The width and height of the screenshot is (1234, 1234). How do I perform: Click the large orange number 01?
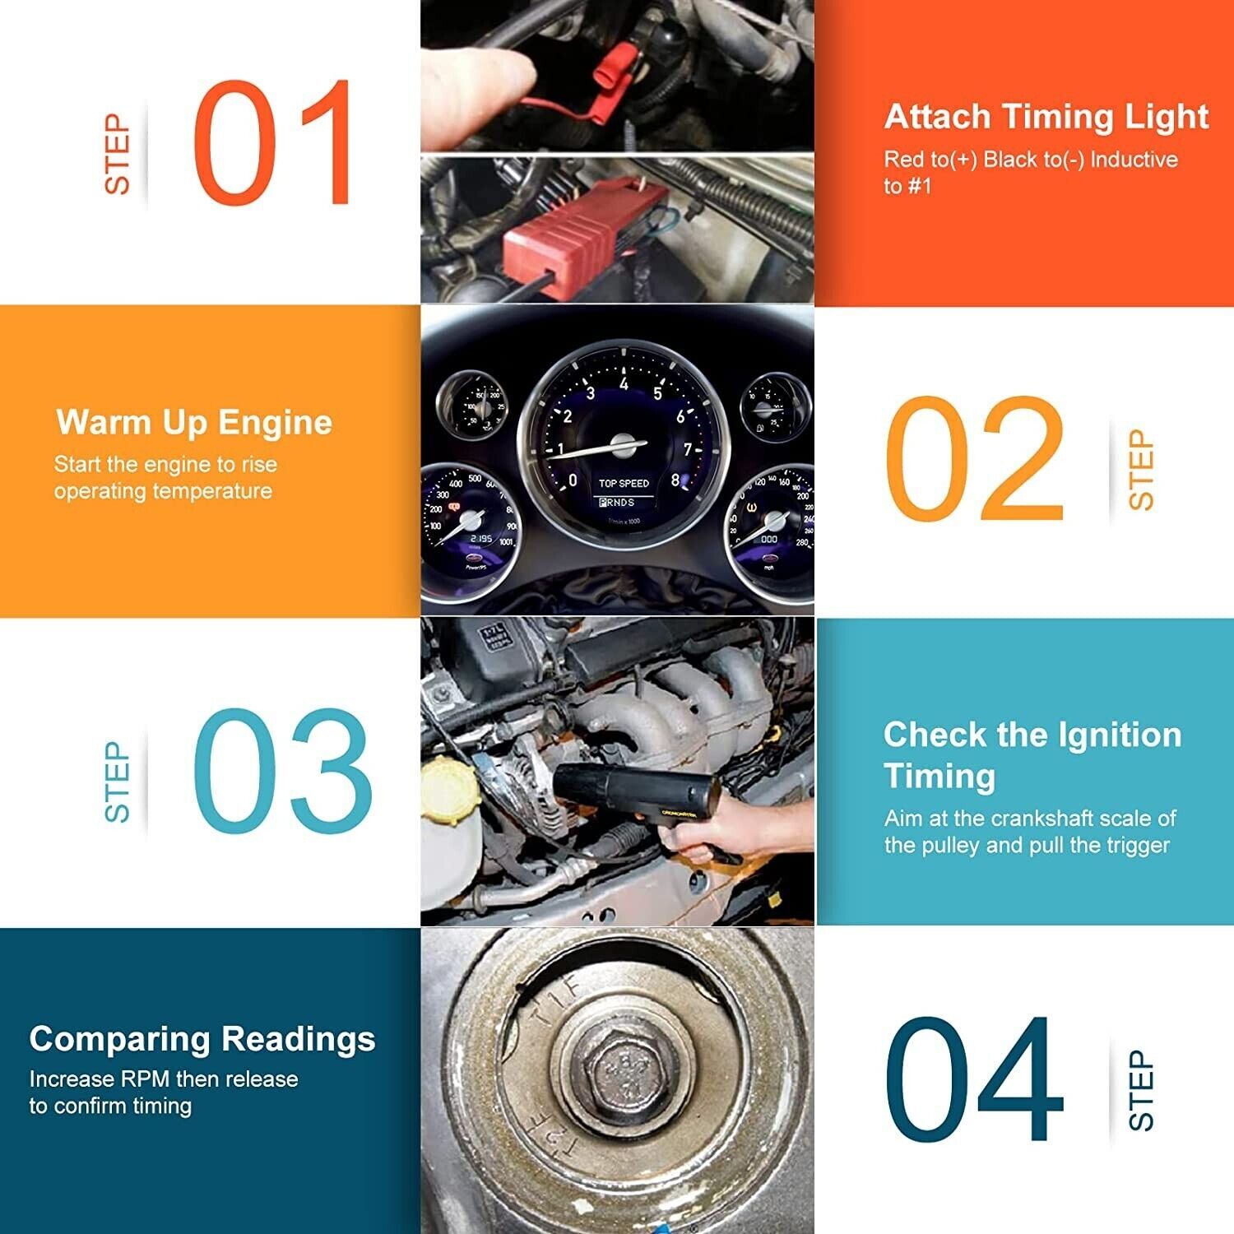(274, 143)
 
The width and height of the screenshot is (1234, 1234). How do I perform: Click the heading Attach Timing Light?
(1046, 117)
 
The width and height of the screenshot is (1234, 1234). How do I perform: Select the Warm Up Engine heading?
(194, 422)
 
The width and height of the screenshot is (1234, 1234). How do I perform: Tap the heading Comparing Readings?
(202, 1039)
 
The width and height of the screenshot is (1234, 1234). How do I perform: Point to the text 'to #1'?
(907, 186)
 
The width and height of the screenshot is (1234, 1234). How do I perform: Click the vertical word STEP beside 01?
(118, 154)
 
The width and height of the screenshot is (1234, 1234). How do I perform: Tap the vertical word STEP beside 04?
(1141, 1090)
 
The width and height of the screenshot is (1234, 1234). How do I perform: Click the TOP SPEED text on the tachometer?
(624, 484)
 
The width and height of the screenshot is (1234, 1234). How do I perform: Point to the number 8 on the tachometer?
(675, 480)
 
